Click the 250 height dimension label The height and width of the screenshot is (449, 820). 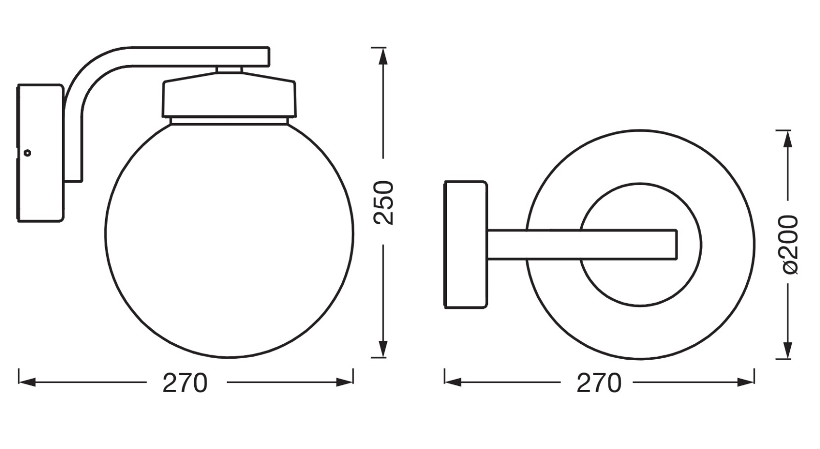pos(384,202)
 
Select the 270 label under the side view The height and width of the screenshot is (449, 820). pos(185,383)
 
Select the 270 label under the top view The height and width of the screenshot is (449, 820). pos(599,383)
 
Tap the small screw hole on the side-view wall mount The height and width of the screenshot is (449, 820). pos(27,153)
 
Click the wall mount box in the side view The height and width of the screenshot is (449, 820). pos(40,153)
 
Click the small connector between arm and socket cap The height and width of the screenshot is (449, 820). pos(229,70)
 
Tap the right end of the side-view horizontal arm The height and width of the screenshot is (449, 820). pos(270,57)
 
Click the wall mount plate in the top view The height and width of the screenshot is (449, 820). pos(466,244)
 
